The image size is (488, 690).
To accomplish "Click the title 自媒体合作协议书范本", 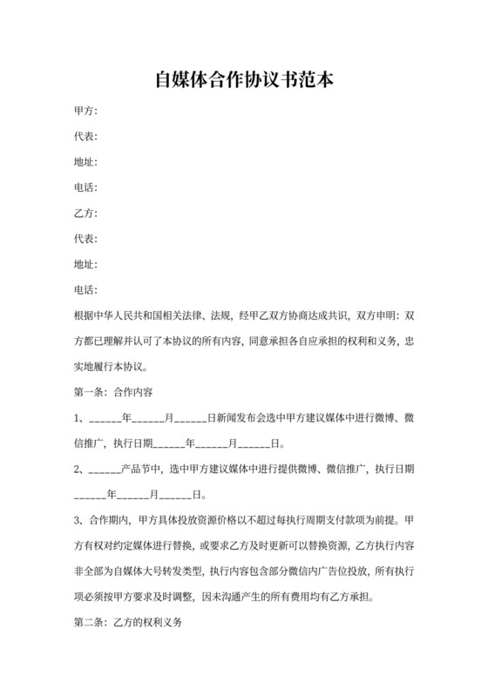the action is pyautogui.click(x=244, y=80).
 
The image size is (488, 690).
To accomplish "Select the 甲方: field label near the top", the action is pyautogui.click(x=85, y=111).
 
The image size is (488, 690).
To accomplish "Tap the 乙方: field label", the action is pyautogui.click(x=85, y=213).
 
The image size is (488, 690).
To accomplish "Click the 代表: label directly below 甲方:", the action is pyautogui.click(x=85, y=136).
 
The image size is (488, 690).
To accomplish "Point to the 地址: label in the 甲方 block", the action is pyautogui.click(x=85, y=162).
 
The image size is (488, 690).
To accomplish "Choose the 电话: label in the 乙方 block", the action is pyautogui.click(x=85, y=289).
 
